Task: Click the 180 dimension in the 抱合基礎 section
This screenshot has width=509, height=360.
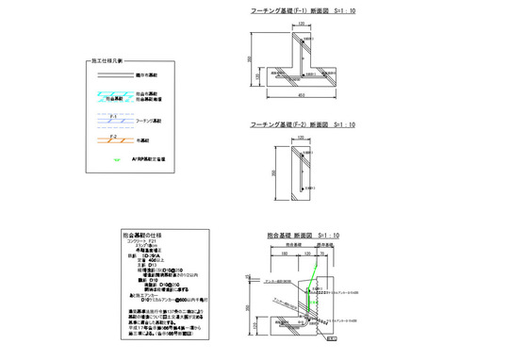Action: click(x=284, y=253)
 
